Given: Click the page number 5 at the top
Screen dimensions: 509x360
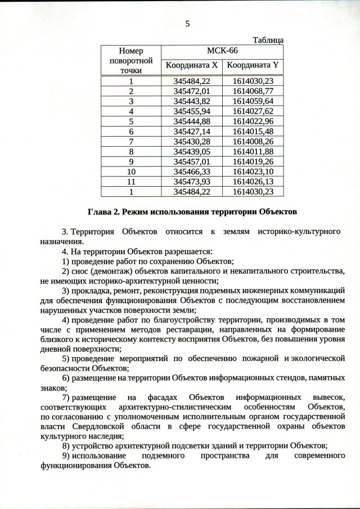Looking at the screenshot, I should (188, 24).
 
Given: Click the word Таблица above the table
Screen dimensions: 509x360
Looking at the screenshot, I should (268, 40).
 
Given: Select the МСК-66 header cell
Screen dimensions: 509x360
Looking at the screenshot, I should (222, 51).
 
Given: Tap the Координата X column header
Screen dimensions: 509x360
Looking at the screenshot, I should (191, 66).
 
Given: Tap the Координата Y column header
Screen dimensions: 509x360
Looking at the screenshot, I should (253, 66).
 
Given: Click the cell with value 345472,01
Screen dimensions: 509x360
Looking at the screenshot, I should (192, 91).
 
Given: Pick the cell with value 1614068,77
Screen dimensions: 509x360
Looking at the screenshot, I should (253, 91).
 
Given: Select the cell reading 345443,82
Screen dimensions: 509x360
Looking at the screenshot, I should (192, 101).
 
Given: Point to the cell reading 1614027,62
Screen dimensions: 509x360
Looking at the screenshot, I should (253, 111).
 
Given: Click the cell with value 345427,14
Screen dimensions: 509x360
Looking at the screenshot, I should (192, 131).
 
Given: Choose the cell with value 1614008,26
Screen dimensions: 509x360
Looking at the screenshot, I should (253, 141).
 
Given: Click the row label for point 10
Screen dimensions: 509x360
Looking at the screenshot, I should (131, 172).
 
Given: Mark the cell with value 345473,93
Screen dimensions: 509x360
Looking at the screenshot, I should (192, 182).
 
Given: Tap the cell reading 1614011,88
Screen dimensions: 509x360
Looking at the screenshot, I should (253, 151).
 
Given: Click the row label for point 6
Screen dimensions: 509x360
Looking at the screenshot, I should (131, 131).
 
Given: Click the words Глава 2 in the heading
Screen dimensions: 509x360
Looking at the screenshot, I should (102, 212).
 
